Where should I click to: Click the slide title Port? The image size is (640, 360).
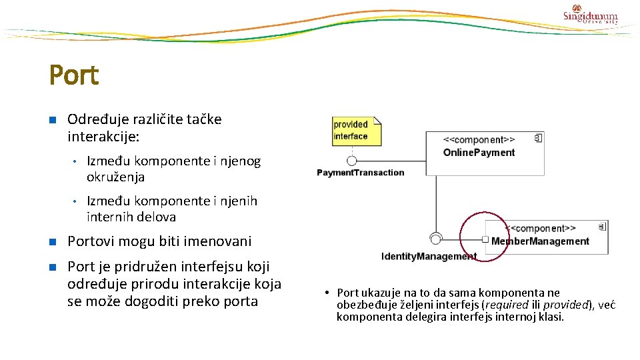tap(74, 75)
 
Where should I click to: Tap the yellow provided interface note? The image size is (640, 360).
tap(356, 131)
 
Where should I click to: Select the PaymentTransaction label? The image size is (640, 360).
tap(360, 173)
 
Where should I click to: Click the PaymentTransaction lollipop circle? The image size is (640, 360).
tap(351, 160)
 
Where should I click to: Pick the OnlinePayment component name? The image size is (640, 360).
tap(479, 152)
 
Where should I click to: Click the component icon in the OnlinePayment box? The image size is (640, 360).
tap(538, 138)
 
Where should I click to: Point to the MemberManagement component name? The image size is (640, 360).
tap(540, 241)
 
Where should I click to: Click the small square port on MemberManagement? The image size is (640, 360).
tap(485, 239)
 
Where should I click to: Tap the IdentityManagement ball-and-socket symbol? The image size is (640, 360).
tap(436, 239)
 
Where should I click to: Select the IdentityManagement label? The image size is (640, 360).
tap(428, 257)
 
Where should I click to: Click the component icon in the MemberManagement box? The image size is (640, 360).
tap(602, 225)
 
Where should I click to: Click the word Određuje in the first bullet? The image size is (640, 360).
tap(93, 119)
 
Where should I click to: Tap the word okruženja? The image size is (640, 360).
tap(115, 177)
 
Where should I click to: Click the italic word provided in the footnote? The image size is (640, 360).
tap(569, 305)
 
